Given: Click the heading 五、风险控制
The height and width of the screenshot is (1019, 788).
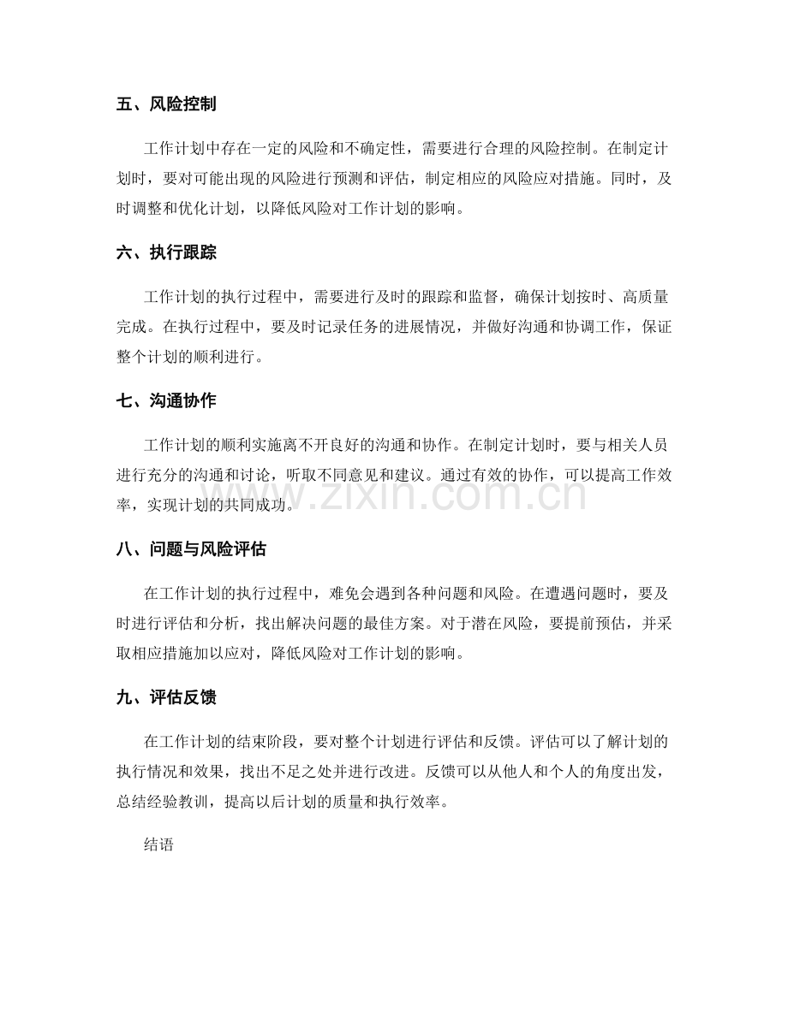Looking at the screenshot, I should click(x=165, y=105).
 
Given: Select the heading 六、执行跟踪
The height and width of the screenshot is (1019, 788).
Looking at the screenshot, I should click(x=165, y=253).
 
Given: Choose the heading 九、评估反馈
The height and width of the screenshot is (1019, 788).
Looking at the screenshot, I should click(x=165, y=697).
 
